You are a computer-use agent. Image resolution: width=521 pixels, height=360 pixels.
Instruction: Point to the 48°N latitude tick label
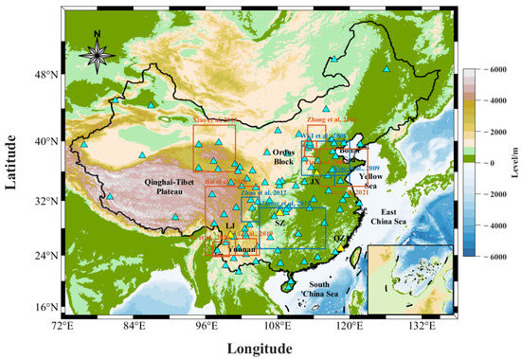coord(46,74)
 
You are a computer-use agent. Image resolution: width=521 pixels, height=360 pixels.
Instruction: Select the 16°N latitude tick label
coord(46,308)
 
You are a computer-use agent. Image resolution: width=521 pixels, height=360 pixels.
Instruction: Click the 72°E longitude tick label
coord(63,326)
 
